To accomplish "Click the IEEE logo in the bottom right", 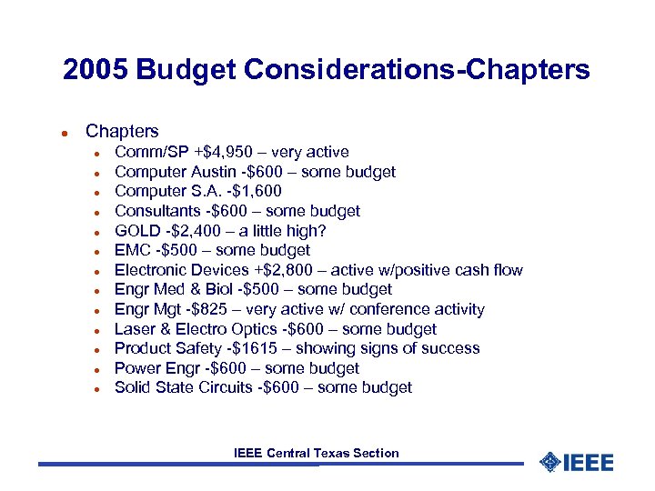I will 577,462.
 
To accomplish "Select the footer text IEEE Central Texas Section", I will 317,453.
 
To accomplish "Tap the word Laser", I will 135,329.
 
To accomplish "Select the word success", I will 453,348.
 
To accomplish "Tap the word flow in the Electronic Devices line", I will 509,270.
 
